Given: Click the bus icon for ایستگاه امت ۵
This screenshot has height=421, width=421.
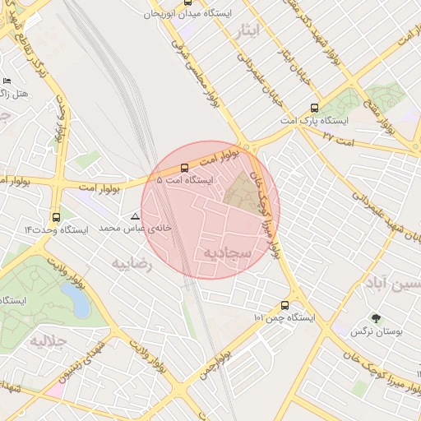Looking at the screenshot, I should (183, 167).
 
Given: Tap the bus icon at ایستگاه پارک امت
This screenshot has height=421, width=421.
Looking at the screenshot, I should (315, 108).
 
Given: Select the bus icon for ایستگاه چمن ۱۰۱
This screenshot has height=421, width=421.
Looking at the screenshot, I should (285, 304).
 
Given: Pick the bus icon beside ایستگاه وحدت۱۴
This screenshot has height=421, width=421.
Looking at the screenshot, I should (55, 218).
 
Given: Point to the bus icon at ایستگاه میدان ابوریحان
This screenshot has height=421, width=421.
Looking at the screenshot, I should (188, 2).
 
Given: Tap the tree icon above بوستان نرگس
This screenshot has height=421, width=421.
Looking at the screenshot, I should (377, 318).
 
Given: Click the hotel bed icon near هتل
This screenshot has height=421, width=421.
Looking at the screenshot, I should (7, 81).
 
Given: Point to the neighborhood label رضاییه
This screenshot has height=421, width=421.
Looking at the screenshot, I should (132, 263).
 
